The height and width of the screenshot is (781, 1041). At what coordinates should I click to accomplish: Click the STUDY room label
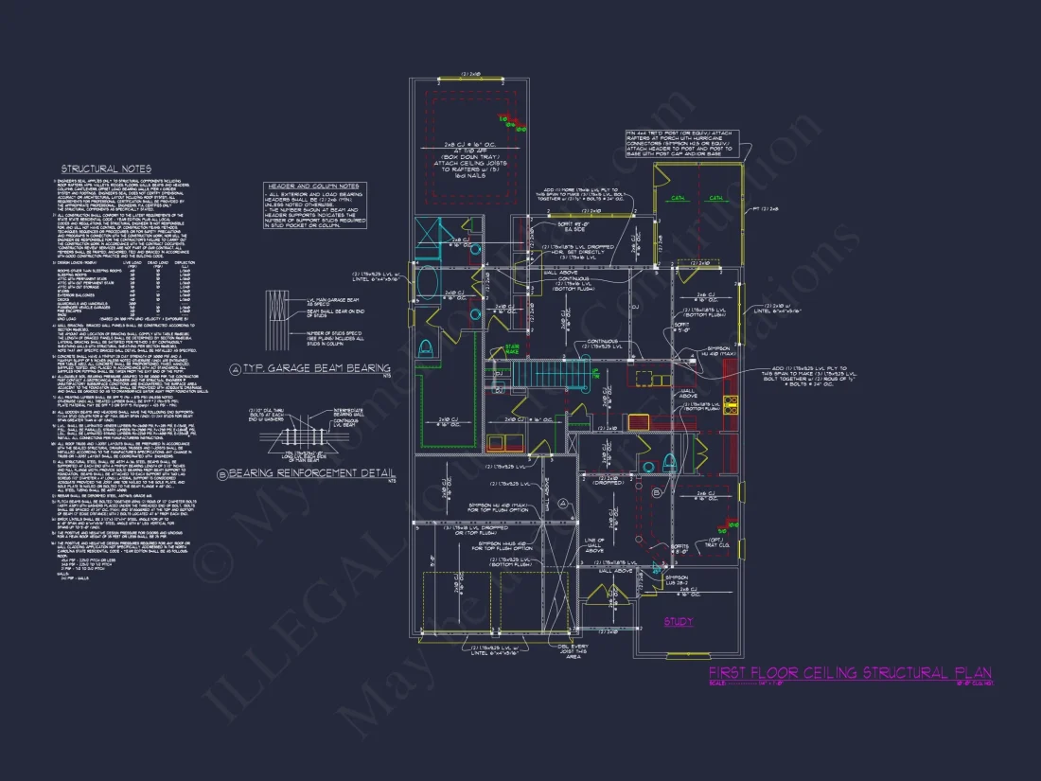point(678,622)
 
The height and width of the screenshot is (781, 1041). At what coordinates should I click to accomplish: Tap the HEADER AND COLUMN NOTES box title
point(313,186)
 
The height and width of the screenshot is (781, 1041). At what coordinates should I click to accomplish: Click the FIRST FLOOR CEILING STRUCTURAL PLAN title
point(850,673)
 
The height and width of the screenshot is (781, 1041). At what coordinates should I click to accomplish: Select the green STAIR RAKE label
point(512,349)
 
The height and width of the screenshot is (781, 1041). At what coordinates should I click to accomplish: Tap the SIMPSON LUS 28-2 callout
point(678,579)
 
